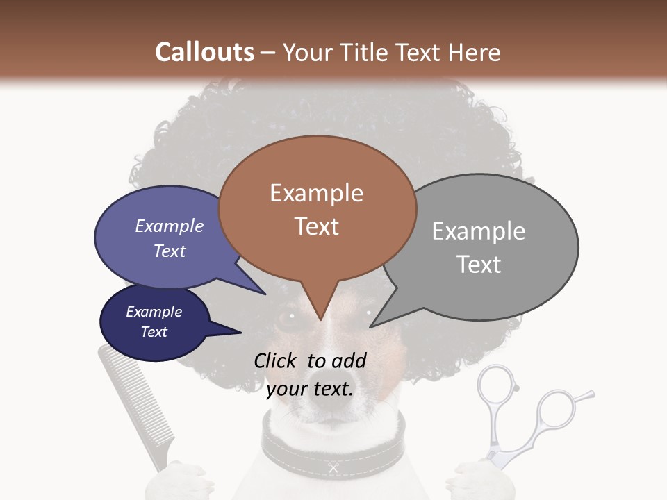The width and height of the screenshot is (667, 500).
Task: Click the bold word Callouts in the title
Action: point(204,52)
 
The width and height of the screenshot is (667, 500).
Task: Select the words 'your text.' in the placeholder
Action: point(310,389)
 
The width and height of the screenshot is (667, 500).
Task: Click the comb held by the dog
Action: point(132,403)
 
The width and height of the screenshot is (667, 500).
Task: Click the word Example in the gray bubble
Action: point(478,231)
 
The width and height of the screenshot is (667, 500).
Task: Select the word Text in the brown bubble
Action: point(317,226)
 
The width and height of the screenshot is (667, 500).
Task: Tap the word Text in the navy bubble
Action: point(154,332)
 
